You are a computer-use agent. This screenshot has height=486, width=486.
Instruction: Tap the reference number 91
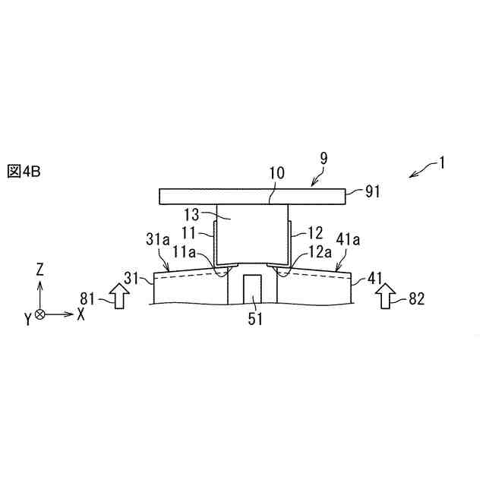pyautogui.click(x=372, y=193)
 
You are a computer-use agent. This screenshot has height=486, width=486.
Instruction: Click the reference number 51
pyautogui.click(x=254, y=319)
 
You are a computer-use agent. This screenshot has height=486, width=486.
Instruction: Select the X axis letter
pyautogui.click(x=81, y=313)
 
